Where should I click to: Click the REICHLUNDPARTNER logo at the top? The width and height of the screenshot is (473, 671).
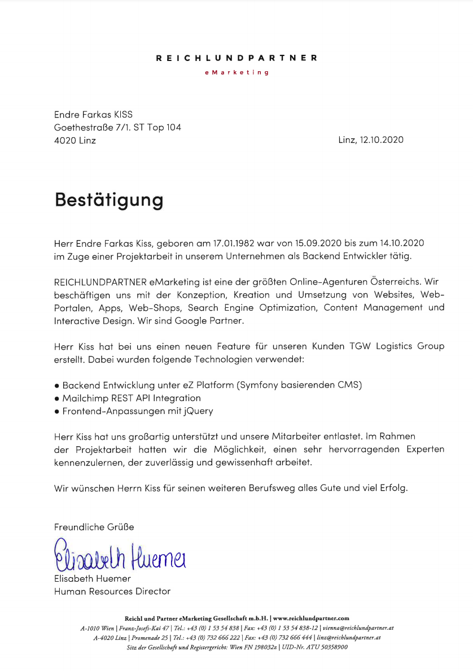point(236,58)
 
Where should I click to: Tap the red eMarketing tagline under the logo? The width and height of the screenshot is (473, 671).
point(236,72)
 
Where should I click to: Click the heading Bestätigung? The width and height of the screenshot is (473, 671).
point(109,199)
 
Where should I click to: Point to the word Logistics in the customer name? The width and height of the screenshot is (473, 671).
point(391,346)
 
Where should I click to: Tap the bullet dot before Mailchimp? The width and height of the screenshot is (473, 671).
point(57,399)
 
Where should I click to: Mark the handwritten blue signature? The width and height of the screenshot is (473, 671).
point(120,556)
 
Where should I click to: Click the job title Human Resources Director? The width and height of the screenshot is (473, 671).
point(112,591)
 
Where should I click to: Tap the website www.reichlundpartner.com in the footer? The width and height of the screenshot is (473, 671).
point(311,618)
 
